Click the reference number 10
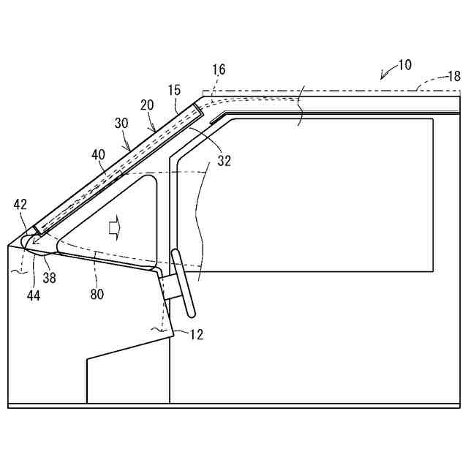tap(404, 65)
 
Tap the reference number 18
tap(454, 76)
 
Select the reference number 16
tap(219, 69)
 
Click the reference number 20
tap(147, 105)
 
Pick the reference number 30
tap(121, 124)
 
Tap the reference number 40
tap(98, 154)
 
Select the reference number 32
tap(224, 161)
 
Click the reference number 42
tap(20, 205)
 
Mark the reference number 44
tap(32, 295)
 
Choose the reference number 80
tap(97, 294)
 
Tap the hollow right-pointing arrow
tap(113, 227)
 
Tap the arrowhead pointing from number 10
tap(382, 75)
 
